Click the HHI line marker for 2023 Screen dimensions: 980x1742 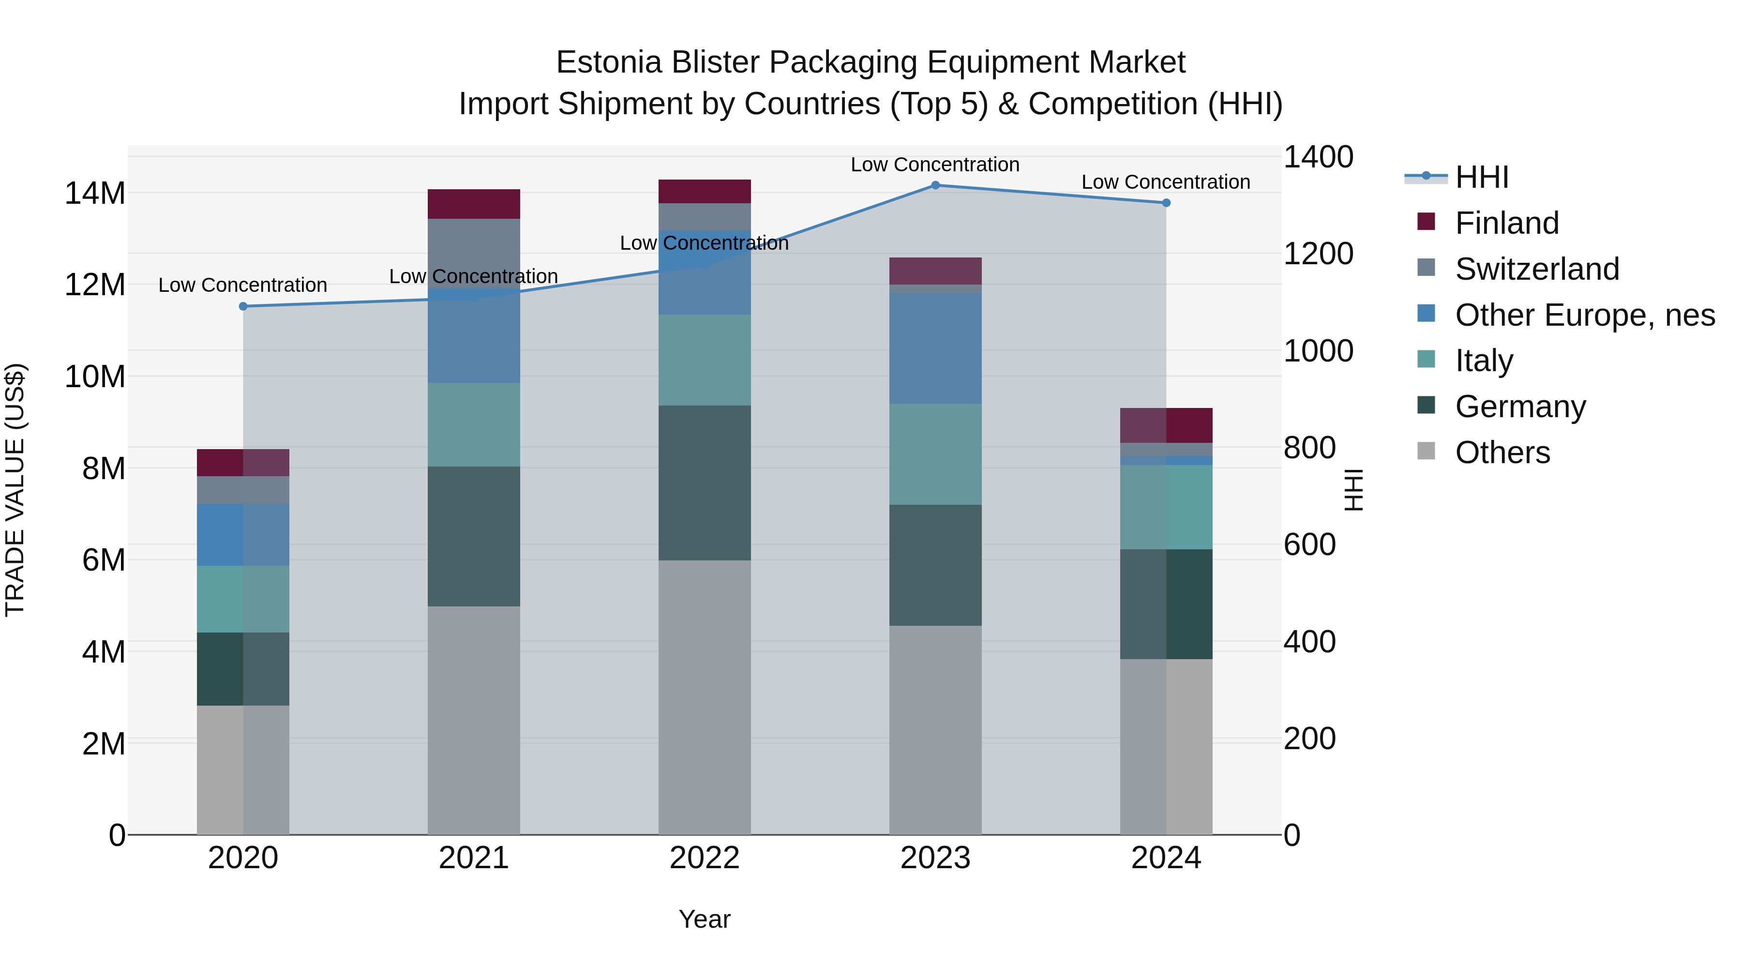click(x=935, y=185)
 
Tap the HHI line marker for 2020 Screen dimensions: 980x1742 click(x=243, y=306)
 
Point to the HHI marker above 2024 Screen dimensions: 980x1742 click(x=1166, y=203)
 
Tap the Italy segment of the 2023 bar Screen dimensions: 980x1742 click(x=935, y=454)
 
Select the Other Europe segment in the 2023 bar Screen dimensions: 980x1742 click(x=935, y=348)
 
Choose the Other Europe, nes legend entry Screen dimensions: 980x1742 click(x=1584, y=315)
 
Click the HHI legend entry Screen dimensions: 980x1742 click(x=1481, y=177)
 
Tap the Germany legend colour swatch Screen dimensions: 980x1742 click(x=1426, y=405)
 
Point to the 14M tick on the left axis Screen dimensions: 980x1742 click(x=95, y=194)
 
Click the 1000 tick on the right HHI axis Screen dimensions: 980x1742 click(x=1318, y=351)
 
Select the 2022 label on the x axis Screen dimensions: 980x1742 click(x=705, y=858)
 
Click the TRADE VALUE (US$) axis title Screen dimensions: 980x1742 click(x=15, y=490)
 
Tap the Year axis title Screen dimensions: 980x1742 click(x=705, y=919)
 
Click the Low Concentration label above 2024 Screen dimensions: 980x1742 click(x=1165, y=182)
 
